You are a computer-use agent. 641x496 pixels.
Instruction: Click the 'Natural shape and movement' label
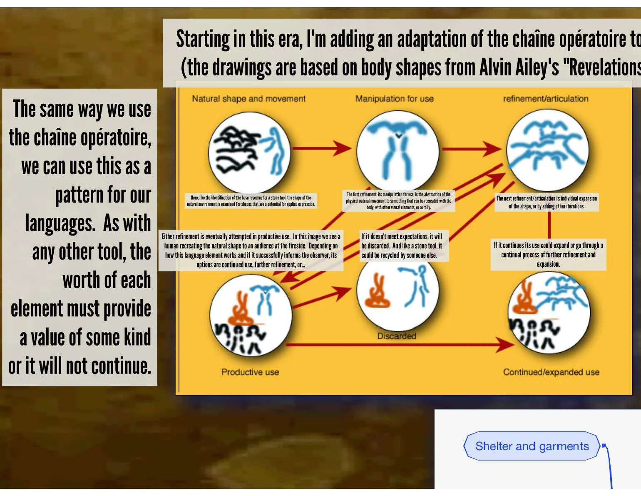248,99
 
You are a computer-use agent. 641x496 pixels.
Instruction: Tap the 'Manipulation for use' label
394,99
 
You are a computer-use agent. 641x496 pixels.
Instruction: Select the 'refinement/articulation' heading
545,99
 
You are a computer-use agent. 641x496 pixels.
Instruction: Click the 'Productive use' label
250,372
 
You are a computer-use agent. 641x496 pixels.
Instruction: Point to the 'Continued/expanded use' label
551,372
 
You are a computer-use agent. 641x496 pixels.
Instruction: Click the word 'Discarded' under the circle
396,336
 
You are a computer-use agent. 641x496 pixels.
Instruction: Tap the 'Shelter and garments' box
532,446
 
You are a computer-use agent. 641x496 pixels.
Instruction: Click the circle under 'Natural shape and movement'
249,153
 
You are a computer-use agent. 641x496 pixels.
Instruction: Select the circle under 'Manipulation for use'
398,151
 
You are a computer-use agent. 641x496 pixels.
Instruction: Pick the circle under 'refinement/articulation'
547,150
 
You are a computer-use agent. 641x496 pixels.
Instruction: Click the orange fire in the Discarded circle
377,292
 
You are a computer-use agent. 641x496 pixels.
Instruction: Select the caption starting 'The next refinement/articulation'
547,202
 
